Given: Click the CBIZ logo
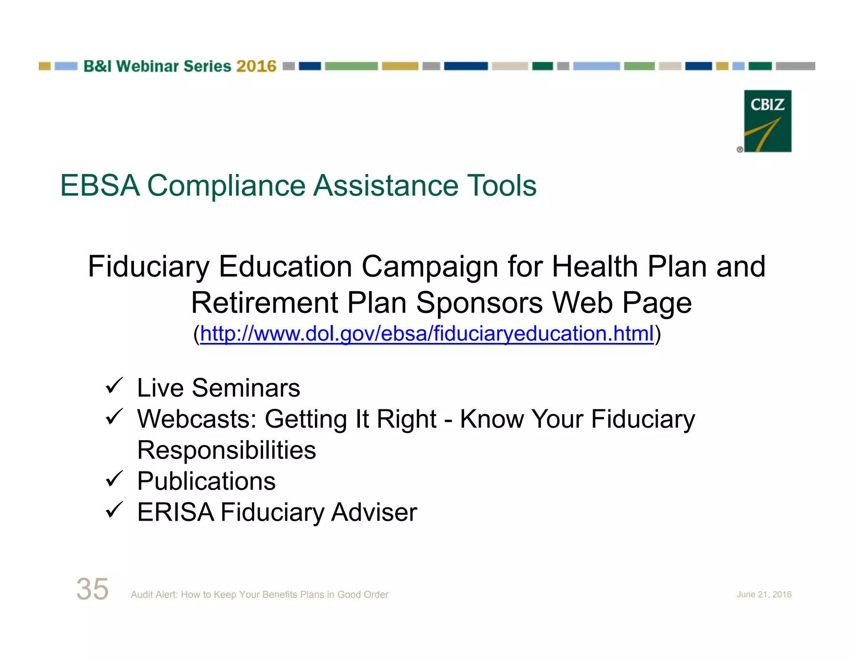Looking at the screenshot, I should click(x=767, y=121).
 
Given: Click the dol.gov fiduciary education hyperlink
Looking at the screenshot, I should click(x=427, y=334).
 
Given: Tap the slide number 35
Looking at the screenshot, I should click(x=92, y=589).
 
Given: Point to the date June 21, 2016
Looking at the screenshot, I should click(x=764, y=595).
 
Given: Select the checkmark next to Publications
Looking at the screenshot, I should click(x=114, y=479).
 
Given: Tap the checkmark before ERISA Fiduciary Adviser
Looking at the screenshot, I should click(x=114, y=510).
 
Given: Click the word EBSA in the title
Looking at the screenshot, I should click(x=100, y=186).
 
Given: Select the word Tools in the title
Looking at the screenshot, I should click(x=502, y=186).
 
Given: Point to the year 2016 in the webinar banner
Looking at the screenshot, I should click(x=256, y=66).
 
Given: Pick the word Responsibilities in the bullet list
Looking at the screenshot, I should click(x=226, y=450).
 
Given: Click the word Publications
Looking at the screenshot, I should click(x=206, y=481).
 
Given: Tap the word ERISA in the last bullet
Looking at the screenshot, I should click(x=176, y=512).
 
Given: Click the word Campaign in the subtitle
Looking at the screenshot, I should click(x=430, y=267).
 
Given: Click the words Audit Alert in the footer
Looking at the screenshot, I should click(x=154, y=595).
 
